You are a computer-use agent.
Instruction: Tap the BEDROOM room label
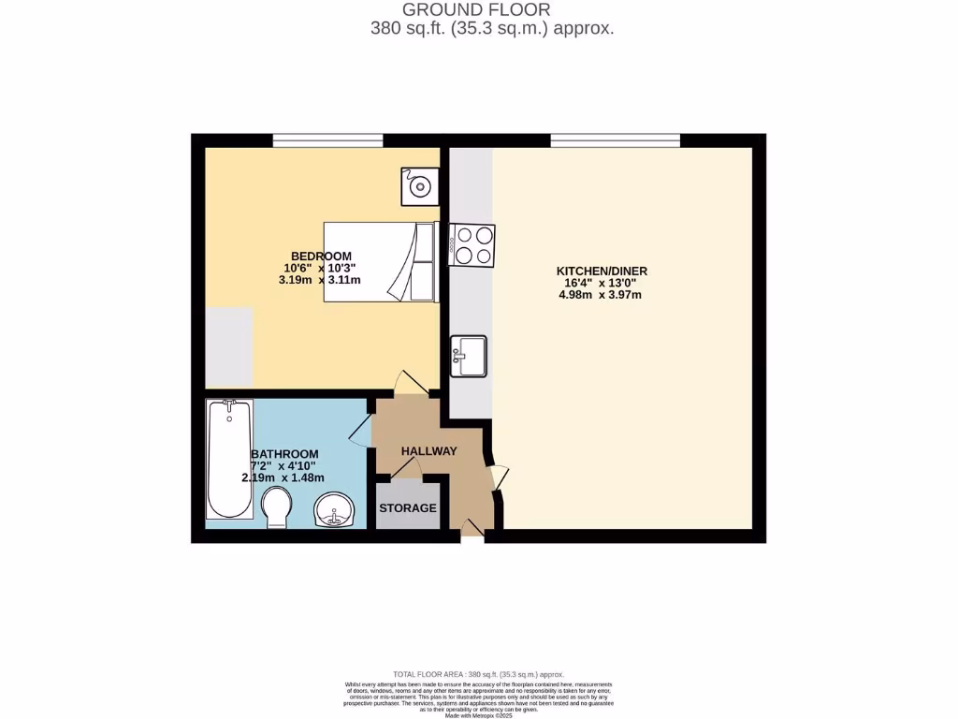click(321, 256)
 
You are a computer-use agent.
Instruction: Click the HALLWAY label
click(428, 451)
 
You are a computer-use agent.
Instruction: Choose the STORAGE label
click(407, 508)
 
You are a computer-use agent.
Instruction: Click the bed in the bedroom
click(379, 262)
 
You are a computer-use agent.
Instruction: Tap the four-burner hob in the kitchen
click(472, 245)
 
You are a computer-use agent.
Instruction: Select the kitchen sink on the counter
click(469, 356)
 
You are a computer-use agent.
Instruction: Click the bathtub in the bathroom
click(229, 459)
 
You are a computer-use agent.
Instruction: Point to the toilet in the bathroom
click(278, 509)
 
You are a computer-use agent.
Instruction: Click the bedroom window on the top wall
click(327, 140)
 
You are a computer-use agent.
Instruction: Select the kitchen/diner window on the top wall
click(615, 140)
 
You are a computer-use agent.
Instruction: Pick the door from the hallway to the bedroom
click(409, 383)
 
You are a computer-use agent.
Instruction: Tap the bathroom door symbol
click(360, 430)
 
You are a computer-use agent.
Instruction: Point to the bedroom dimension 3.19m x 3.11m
click(321, 279)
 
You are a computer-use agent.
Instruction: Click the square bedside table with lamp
click(420, 186)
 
